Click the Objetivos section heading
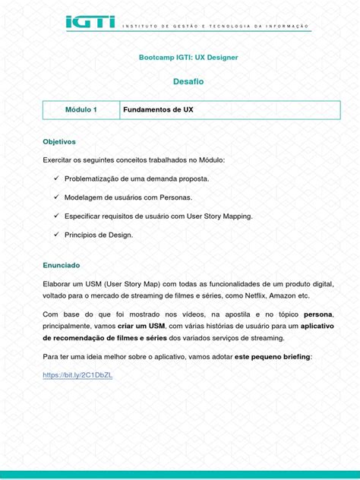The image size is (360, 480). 59,142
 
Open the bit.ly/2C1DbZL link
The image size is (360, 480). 77,375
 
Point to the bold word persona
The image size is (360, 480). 318,314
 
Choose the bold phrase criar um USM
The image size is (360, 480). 121,326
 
